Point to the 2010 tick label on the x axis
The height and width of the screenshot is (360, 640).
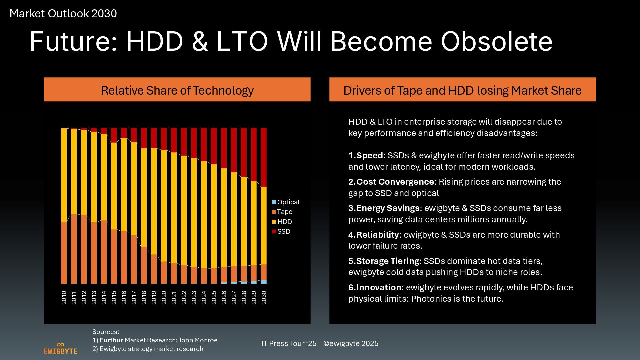pyautogui.click(x=64, y=297)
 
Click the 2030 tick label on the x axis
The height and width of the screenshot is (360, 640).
pyautogui.click(x=264, y=297)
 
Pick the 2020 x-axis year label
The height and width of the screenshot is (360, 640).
pyautogui.click(x=164, y=297)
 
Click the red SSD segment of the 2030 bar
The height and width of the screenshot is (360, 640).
pyautogui.click(x=264, y=157)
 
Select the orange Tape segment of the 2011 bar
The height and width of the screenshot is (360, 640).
pyautogui.click(x=74, y=248)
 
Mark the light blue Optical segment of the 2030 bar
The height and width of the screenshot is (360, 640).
pyautogui.click(x=264, y=282)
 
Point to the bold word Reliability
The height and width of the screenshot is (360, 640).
pyautogui.click(x=377, y=235)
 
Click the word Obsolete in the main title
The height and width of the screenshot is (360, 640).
pyautogui.click(x=497, y=42)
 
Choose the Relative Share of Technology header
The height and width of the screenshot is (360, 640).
pyautogui.click(x=177, y=90)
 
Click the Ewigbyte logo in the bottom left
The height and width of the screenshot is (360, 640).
pyautogui.click(x=61, y=348)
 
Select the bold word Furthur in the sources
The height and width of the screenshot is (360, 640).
pyautogui.click(x=111, y=340)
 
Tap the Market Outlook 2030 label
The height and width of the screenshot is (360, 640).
pyautogui.click(x=63, y=14)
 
